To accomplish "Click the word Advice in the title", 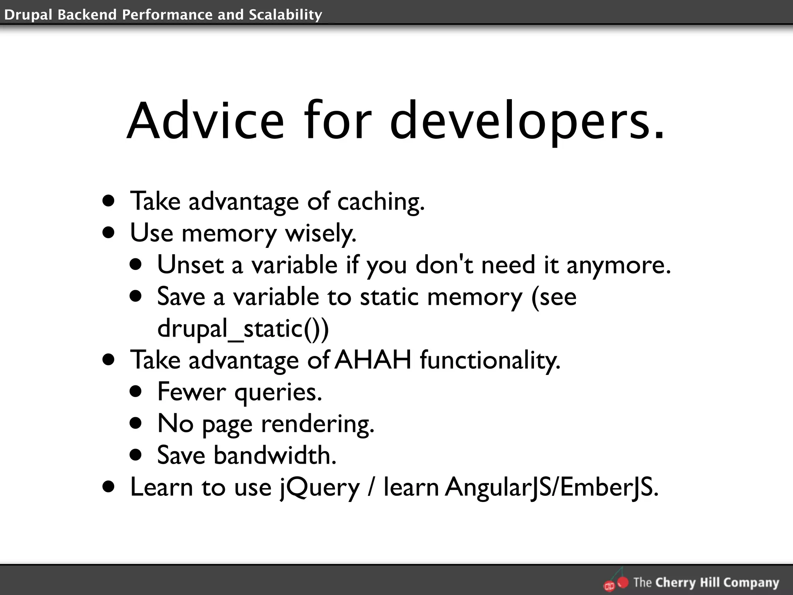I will point(205,121).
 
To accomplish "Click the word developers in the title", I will point(527,121).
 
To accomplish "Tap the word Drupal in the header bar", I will point(27,15).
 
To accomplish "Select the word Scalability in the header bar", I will point(285,15).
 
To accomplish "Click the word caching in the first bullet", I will point(381,202).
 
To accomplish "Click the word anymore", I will point(618,266).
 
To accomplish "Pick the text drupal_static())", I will point(243,328).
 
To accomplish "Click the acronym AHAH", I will point(372,360).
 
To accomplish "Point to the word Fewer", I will point(191,392).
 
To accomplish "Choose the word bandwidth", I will point(275,455).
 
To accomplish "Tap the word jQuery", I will point(320,487).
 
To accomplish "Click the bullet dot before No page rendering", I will point(136,423).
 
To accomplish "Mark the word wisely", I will point(321,234).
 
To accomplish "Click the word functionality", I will point(490,360).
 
